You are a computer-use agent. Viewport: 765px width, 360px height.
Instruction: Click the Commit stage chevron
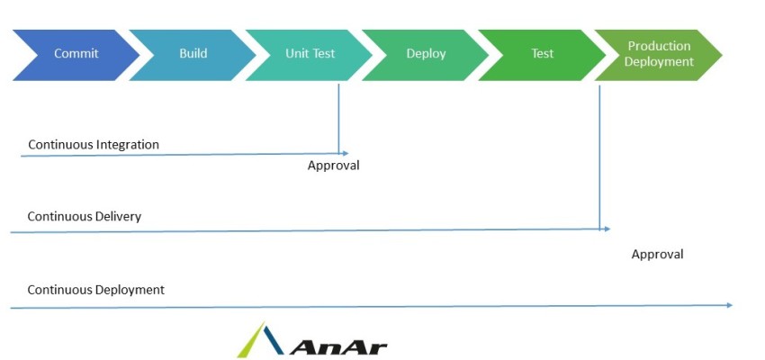(76, 54)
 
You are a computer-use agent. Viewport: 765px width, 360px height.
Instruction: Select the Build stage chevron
(193, 54)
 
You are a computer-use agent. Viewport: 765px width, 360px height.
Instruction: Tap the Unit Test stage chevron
(310, 54)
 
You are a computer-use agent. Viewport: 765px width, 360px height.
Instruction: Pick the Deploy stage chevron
(426, 54)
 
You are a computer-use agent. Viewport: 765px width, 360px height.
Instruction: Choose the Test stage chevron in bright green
(542, 54)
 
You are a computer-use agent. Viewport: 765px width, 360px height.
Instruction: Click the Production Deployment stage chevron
(660, 54)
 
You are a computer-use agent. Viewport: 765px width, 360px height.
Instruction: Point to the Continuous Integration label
(94, 144)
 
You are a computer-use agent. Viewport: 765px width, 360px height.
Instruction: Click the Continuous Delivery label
(85, 217)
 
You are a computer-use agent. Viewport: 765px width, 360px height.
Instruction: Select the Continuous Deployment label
(96, 290)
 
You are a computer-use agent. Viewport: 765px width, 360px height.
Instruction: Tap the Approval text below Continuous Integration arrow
(333, 166)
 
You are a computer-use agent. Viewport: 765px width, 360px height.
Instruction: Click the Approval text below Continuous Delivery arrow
(657, 255)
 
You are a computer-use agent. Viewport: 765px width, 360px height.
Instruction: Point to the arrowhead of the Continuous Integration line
(345, 153)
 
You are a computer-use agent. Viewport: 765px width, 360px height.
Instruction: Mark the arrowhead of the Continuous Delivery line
(607, 229)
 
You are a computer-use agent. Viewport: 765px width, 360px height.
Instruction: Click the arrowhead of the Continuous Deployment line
(730, 305)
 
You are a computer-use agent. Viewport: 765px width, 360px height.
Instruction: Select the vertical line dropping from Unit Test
(338, 117)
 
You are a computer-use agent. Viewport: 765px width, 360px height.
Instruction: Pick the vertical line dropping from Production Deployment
(599, 153)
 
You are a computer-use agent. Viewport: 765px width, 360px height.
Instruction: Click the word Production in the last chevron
(660, 46)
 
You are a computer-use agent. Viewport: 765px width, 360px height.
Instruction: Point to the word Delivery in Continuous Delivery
(117, 217)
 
